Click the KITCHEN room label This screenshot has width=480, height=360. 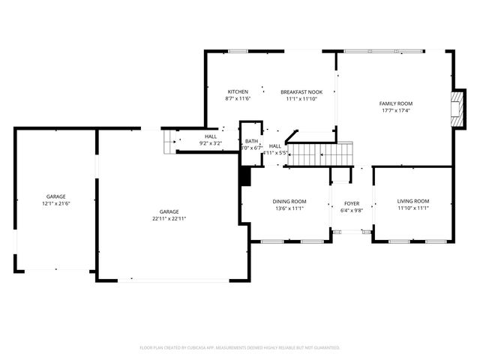coord(238,91)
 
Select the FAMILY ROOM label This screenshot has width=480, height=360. coord(395,103)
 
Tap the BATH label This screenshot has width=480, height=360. coord(251,141)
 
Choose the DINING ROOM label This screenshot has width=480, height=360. coord(289,201)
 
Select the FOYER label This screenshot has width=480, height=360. coord(352,203)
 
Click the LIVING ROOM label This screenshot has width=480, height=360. coord(412,201)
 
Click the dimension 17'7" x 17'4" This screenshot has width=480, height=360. coord(395,111)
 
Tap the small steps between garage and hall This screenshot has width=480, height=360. coord(169,141)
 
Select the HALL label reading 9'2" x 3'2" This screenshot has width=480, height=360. coord(211,136)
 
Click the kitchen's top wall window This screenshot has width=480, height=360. coord(238,51)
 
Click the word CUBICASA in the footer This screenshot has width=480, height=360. coord(207,348)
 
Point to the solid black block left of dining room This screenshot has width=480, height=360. coord(244,176)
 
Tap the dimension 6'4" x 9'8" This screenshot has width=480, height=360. coord(352,210)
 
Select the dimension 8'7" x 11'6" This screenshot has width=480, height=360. coord(238,98)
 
